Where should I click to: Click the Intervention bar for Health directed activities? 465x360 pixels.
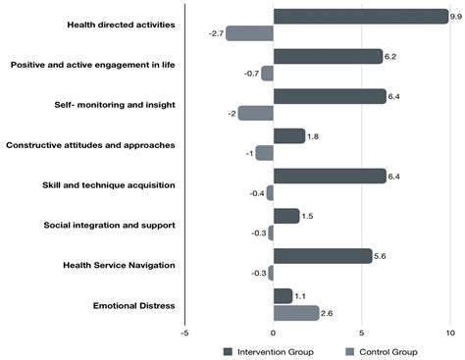(360, 16)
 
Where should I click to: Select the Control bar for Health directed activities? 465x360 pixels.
(249, 32)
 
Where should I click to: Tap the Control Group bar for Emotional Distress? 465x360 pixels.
(296, 313)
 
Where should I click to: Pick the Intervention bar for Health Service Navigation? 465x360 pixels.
(323, 256)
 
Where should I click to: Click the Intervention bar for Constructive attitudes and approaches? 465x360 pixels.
(289, 135)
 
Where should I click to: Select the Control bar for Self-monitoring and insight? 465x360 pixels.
(255, 113)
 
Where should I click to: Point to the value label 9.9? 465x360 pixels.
(455, 16)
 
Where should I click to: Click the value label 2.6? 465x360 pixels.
(328, 313)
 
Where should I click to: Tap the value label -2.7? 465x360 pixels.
(216, 33)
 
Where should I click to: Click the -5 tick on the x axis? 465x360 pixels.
(184, 333)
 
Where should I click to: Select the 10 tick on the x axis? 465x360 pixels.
(450, 333)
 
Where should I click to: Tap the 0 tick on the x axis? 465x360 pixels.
(274, 333)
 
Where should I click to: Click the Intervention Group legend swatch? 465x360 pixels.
(228, 350)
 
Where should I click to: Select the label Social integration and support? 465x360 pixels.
(110, 225)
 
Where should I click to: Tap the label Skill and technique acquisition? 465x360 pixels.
(109, 184)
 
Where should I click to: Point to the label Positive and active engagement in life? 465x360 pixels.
(92, 65)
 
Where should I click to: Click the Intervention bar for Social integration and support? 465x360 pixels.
(286, 216)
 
